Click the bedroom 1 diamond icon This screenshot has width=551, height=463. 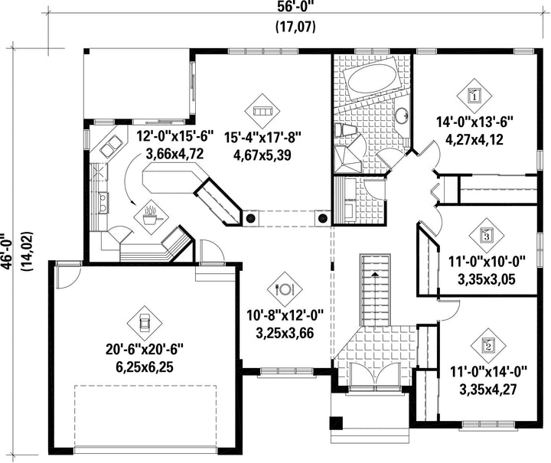(474, 96)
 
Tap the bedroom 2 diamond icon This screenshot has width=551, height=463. (487, 346)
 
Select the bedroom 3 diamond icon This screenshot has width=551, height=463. (487, 235)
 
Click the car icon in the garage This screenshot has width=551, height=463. (145, 322)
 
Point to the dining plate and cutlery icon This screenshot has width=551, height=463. (285, 289)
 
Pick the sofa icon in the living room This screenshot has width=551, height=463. (262, 111)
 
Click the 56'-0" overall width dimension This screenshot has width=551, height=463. (295, 7)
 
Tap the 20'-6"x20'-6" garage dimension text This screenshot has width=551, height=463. (145, 350)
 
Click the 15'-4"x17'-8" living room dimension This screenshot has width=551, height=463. (262, 137)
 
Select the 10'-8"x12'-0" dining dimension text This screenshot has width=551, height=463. (285, 315)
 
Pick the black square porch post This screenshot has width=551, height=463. (336, 423)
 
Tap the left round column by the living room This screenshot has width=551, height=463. (250, 218)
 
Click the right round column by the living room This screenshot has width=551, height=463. (323, 218)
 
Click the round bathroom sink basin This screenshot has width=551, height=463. (401, 115)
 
